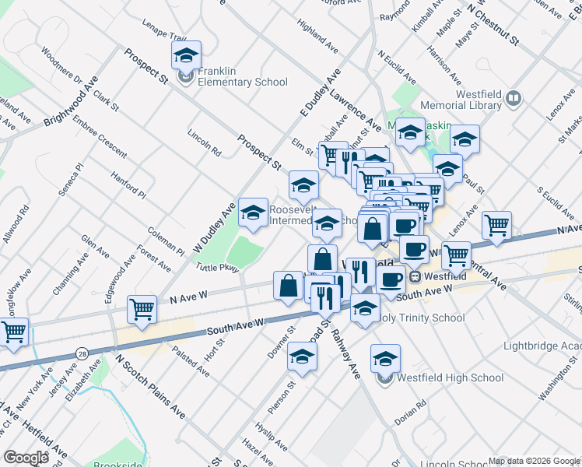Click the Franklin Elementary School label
click(243, 82)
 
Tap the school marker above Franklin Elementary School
click(186, 55)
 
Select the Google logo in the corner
click(26, 457)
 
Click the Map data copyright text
click(534, 461)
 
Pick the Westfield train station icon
click(416, 276)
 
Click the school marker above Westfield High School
click(385, 359)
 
